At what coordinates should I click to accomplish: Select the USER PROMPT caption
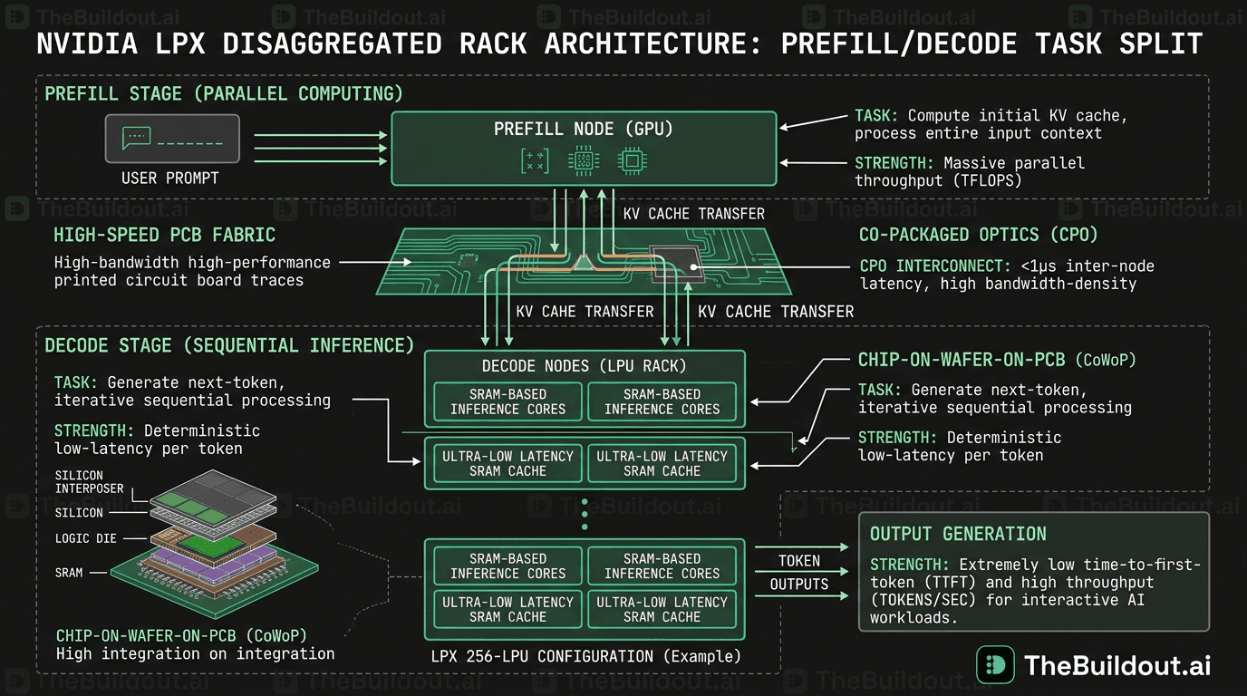coord(170,179)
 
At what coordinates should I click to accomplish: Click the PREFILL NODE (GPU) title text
coord(584,129)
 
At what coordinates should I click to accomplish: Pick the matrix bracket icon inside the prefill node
coord(535,161)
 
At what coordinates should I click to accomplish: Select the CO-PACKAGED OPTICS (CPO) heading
coord(978,236)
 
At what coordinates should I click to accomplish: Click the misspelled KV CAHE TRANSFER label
coord(585,312)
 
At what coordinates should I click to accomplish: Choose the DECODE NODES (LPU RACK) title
coord(585,366)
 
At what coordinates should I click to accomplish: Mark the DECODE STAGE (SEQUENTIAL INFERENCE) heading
coord(229,345)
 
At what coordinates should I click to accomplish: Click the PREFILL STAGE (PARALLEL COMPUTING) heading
coord(224,93)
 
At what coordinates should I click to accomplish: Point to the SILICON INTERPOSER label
coord(89,482)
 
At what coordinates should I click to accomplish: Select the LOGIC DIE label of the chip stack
coord(85,538)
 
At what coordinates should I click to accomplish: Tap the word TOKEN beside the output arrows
coord(798,561)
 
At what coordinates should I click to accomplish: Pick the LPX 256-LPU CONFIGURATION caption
coord(585,656)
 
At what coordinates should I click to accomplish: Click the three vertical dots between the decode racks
coord(585,513)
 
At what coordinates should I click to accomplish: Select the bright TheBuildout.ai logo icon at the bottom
coord(995,665)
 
